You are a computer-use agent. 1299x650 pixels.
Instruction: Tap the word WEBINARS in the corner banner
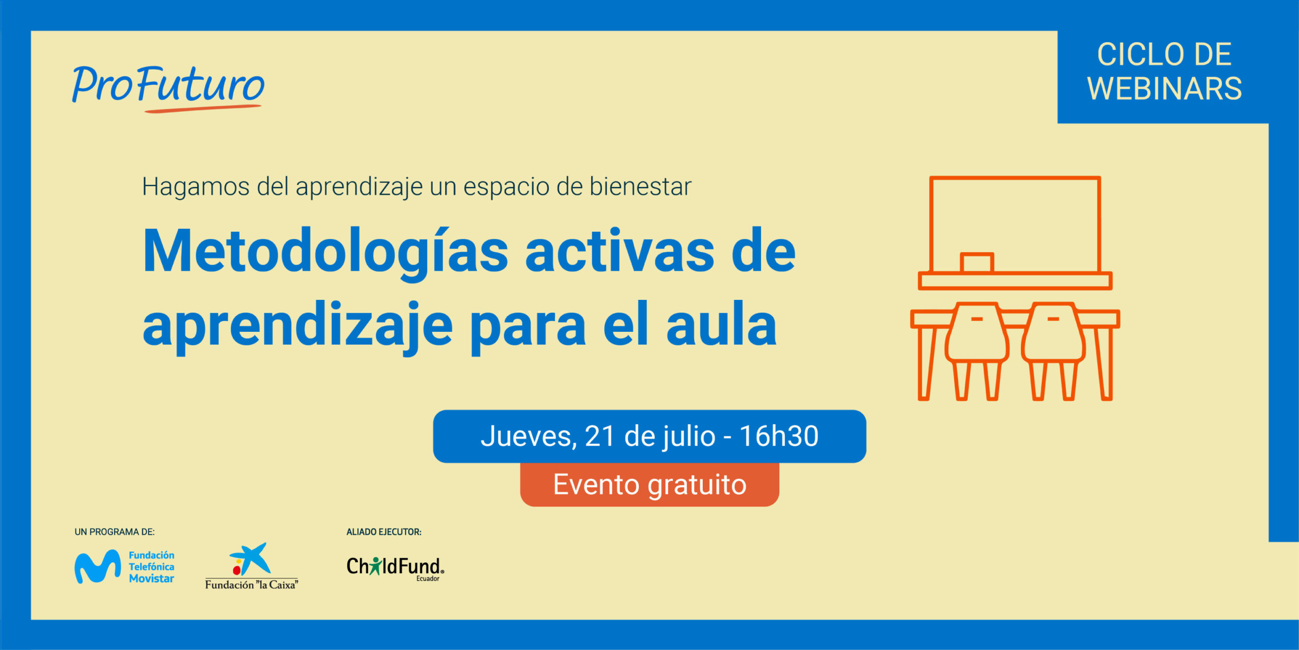(1164, 88)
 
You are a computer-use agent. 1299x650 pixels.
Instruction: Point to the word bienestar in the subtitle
(640, 186)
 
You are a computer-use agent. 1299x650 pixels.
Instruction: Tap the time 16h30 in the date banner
(779, 436)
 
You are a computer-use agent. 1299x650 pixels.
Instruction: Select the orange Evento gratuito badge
(649, 485)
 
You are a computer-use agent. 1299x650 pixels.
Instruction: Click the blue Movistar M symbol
(97, 566)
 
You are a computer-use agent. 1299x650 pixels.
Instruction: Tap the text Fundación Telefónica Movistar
(151, 567)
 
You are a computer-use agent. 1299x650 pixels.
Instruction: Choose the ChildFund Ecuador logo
(395, 568)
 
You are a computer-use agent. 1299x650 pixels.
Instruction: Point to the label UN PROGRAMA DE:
(115, 532)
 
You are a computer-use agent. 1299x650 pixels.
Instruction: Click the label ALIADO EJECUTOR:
(384, 532)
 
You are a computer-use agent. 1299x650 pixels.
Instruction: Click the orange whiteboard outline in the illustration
(1015, 178)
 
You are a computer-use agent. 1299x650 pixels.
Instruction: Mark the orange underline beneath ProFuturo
(203, 108)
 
